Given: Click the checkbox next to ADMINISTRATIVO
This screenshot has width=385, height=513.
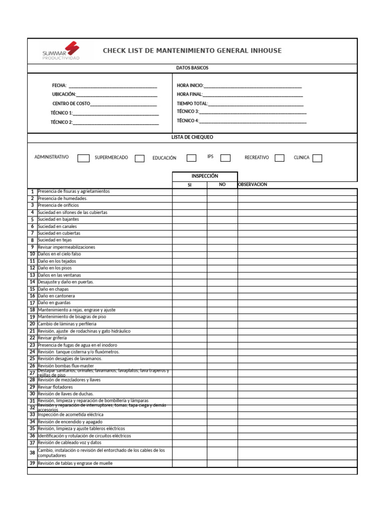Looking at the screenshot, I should [83, 158].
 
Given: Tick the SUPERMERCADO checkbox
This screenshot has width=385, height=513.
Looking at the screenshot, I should [139, 158].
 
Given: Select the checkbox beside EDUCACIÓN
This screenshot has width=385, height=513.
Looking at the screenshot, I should [191, 158].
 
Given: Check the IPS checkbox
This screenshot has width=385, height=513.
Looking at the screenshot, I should [226, 158].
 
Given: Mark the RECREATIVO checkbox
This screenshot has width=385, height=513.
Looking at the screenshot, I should [280, 158].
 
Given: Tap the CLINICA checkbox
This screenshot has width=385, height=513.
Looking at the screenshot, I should [317, 158].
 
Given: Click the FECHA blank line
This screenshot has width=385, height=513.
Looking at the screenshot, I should [113, 86].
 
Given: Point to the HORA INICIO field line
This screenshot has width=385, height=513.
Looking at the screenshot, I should [253, 86].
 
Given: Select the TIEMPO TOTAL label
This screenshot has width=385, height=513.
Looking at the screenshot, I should [192, 103].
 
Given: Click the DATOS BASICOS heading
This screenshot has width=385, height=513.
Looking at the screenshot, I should [192, 68].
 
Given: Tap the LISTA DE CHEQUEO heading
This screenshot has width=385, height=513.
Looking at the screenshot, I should [192, 137].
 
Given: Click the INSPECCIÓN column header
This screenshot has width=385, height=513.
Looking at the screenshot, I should [205, 176].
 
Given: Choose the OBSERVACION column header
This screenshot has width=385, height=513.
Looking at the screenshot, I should [253, 184].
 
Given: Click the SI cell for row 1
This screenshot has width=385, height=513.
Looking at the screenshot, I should [189, 191].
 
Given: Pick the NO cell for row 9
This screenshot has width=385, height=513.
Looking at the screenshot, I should [222, 247].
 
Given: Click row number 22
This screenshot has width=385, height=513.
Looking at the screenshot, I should [32, 338].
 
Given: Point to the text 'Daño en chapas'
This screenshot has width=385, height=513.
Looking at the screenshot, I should [53, 289].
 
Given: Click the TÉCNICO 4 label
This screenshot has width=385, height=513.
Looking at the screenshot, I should [187, 121].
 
